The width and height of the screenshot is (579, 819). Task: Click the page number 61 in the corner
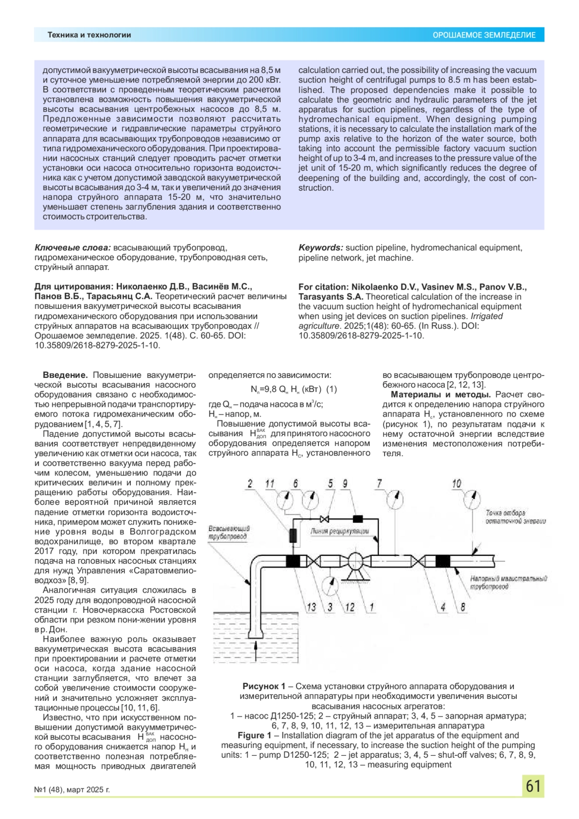[x=533, y=786]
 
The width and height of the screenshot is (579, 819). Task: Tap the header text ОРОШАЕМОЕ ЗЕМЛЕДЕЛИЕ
[x=484, y=35]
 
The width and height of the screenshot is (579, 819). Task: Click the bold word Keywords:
[x=321, y=248]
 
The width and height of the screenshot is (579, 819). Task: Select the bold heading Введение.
[x=65, y=375]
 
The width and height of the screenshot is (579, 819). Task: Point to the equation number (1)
[x=331, y=389]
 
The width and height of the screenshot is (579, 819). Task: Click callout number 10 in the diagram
[x=456, y=484]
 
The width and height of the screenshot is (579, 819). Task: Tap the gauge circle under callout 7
[x=396, y=499]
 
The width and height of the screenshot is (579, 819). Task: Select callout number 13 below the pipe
[x=312, y=607]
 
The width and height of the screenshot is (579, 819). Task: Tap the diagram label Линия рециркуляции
[x=340, y=531]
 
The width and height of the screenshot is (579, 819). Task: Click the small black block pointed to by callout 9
[x=358, y=519]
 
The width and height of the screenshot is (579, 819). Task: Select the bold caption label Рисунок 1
[x=264, y=686]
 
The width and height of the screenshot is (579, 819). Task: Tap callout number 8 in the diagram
[x=463, y=607]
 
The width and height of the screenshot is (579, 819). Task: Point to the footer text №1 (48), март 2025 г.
[x=72, y=790]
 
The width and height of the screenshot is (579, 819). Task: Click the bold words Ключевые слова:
[x=72, y=248]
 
